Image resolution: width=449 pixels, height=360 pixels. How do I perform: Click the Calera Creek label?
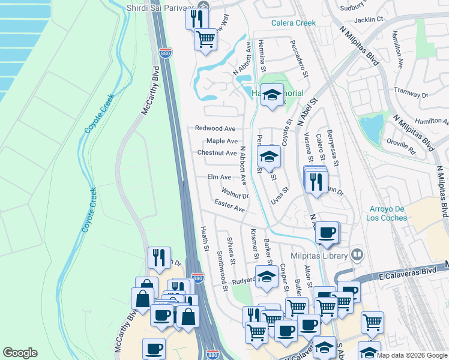[x=293, y=23]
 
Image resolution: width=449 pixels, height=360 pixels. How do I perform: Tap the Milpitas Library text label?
[x=319, y=256]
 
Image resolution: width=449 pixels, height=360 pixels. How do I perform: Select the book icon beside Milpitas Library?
[x=357, y=256]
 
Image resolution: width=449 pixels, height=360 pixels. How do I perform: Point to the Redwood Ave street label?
[x=215, y=128]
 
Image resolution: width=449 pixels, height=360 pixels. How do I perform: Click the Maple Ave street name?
[x=221, y=141]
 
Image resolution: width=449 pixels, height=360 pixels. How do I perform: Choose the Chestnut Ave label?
[x=217, y=153]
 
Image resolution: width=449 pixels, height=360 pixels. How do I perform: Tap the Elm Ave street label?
[x=219, y=177]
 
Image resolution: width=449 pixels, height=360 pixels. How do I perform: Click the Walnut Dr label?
[x=235, y=194]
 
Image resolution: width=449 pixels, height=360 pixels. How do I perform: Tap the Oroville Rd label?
[x=402, y=145]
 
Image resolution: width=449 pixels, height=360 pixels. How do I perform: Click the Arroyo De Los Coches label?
[x=387, y=213]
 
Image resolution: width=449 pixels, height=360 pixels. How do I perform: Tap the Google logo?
[x=20, y=353]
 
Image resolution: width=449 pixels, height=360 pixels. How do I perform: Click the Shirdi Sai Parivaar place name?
[x=161, y=8]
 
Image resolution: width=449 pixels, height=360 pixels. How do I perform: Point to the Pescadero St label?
[x=298, y=59]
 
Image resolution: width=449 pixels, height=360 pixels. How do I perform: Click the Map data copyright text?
[x=412, y=355]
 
